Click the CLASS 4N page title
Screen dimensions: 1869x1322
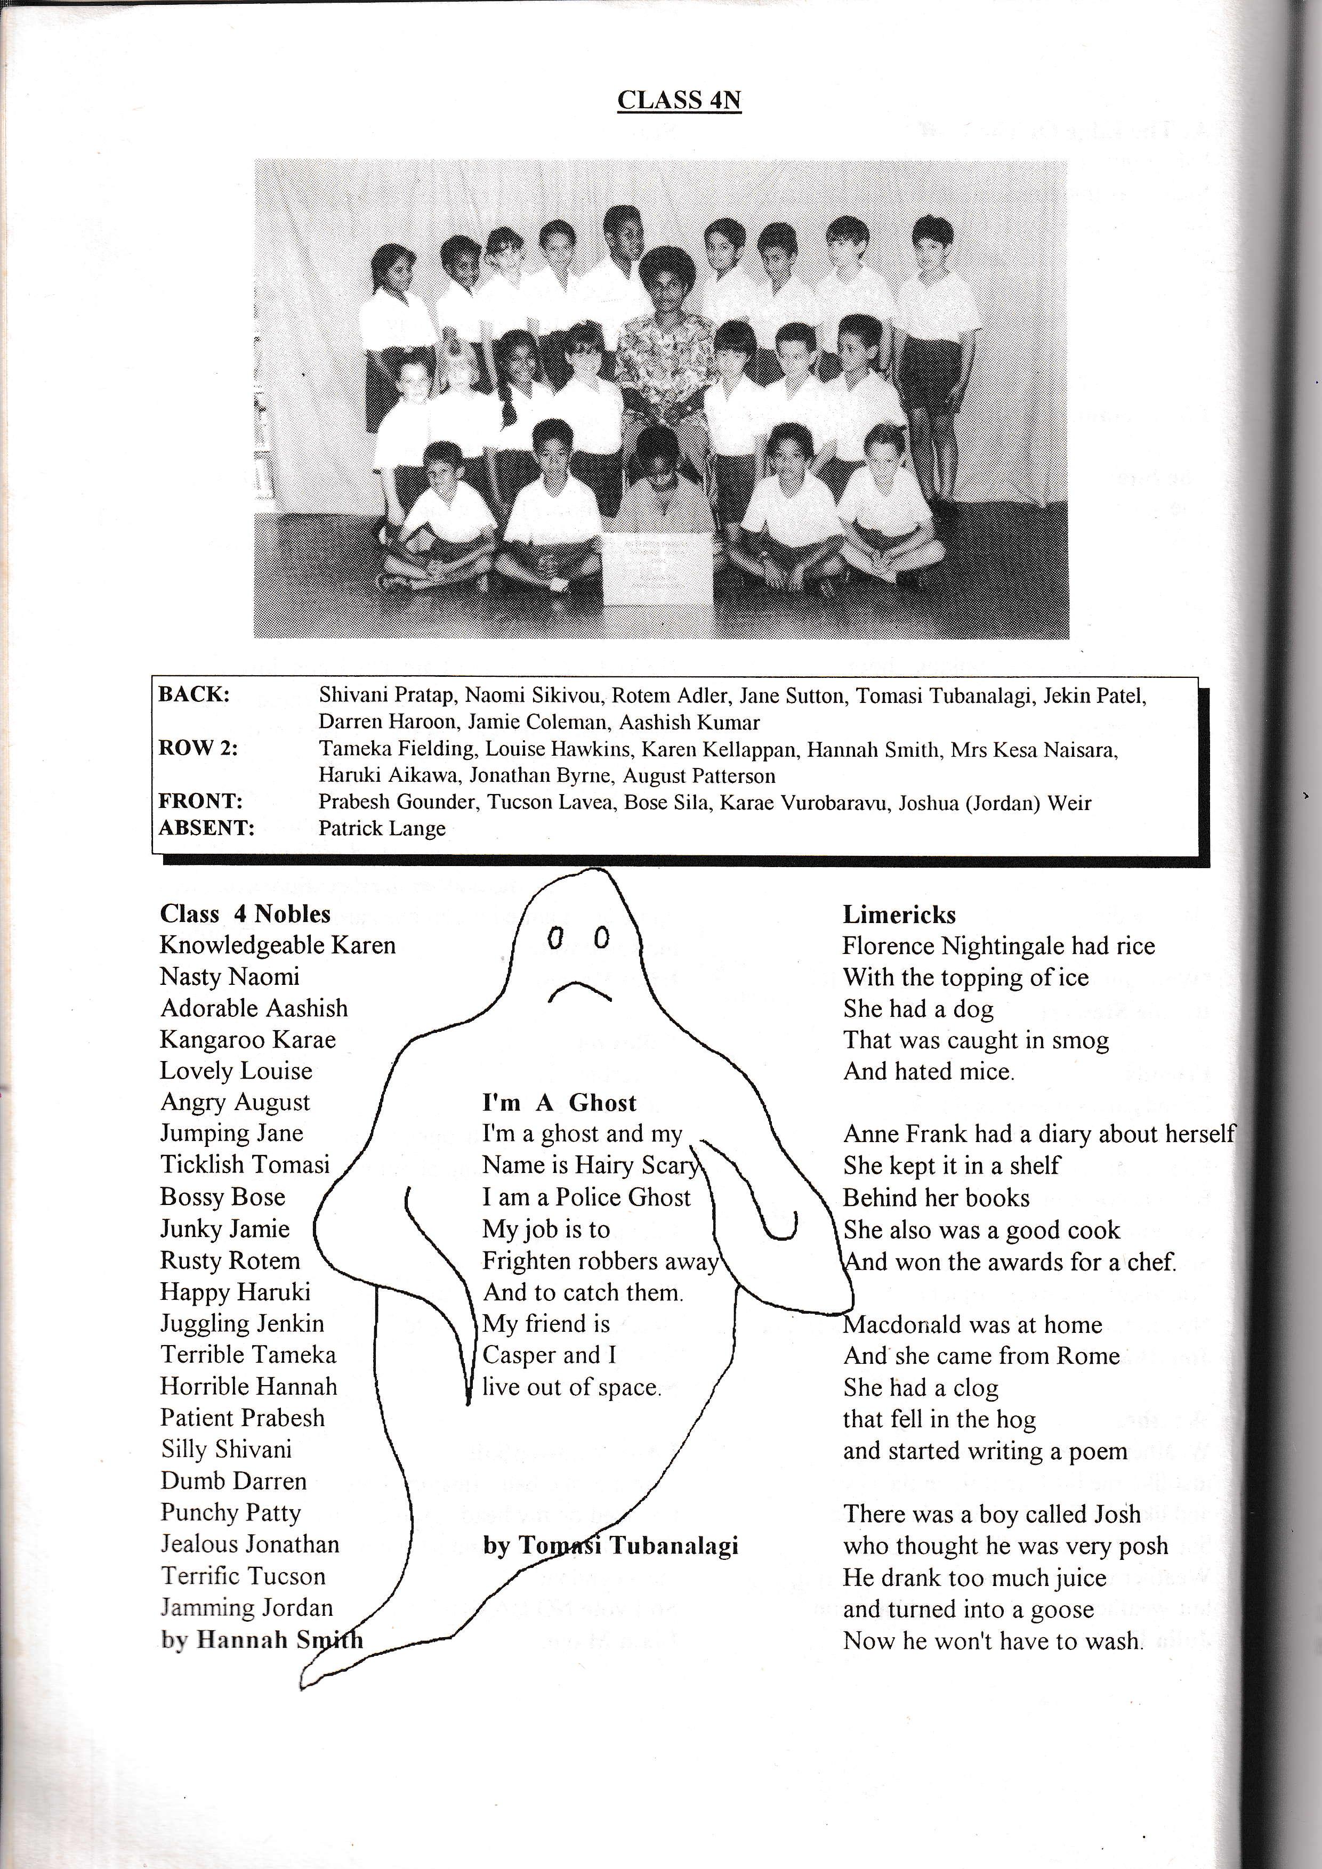(x=679, y=100)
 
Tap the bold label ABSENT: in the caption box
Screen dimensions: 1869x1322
(x=206, y=828)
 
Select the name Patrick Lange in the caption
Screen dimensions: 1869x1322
(x=382, y=829)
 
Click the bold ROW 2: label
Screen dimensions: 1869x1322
(x=198, y=748)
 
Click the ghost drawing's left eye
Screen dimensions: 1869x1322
(x=555, y=938)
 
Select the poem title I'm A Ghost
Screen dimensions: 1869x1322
(x=559, y=1103)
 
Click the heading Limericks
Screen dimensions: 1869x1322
(x=899, y=915)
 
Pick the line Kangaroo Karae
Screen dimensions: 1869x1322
(x=247, y=1040)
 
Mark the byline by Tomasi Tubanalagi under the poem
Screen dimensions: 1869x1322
(x=610, y=1546)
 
